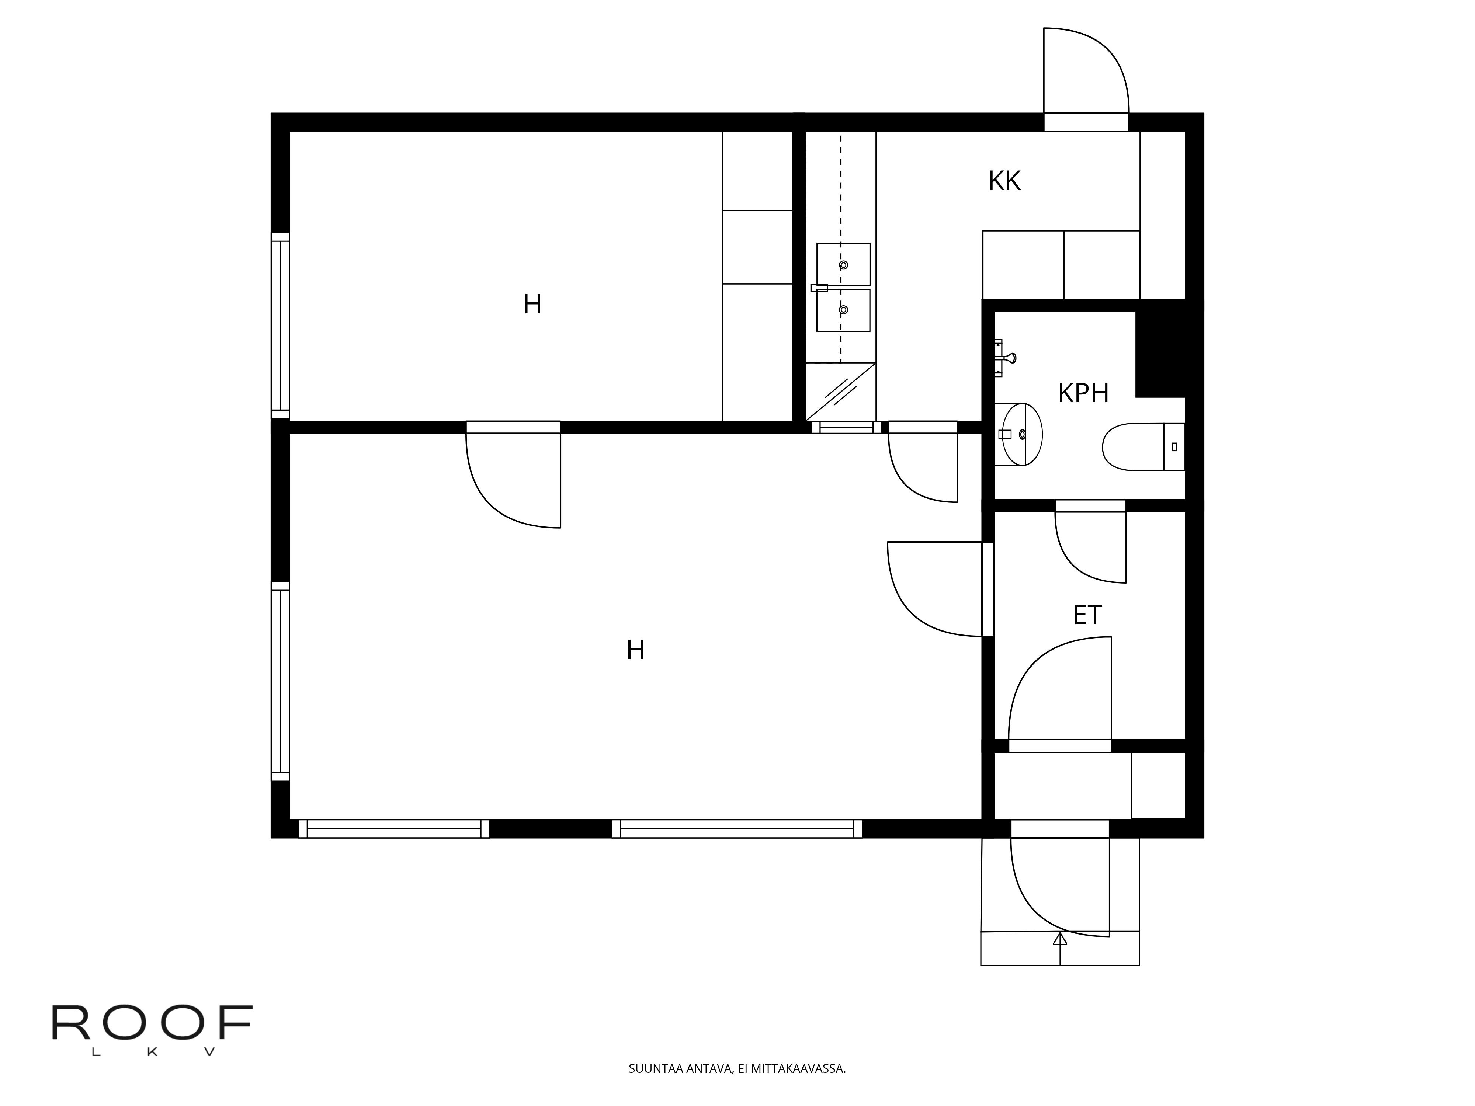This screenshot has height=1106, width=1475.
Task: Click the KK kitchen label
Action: (1004, 181)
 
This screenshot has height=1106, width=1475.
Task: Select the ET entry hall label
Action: (1087, 615)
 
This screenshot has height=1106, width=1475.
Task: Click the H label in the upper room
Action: (532, 305)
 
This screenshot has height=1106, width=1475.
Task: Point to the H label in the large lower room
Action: (635, 650)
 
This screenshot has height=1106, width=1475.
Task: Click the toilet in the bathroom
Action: (1143, 447)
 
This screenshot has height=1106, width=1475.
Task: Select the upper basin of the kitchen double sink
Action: (844, 264)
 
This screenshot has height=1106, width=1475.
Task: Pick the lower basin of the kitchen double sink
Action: (844, 310)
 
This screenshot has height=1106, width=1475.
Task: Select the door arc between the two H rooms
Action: (487, 500)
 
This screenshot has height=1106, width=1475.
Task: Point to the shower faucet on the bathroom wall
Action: (1004, 358)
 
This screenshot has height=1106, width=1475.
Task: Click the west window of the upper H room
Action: (280, 325)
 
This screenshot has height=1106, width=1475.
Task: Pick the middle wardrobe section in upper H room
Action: (757, 247)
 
